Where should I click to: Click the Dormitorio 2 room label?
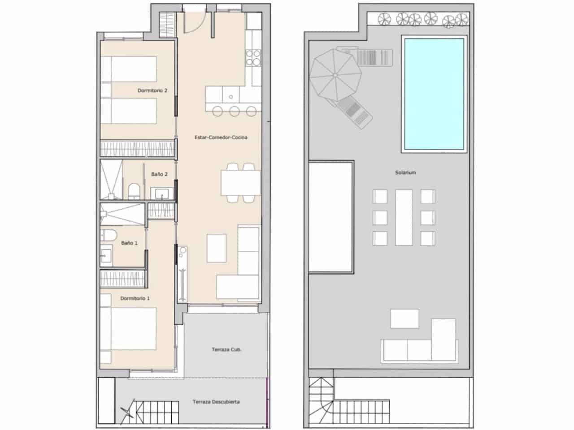pyautogui.click(x=152, y=90)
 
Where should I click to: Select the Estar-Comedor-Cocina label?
pyautogui.click(x=222, y=138)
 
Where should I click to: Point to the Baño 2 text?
pyautogui.click(x=159, y=174)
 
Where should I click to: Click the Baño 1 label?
pyautogui.click(x=129, y=243)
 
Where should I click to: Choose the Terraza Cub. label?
pyautogui.click(x=226, y=349)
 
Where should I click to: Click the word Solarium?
pyautogui.click(x=406, y=172)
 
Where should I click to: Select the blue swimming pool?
pyautogui.click(x=434, y=94)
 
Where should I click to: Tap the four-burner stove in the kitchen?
pyautogui.click(x=253, y=57)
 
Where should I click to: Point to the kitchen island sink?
pyautogui.click(x=231, y=95)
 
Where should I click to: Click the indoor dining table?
pyautogui.click(x=239, y=182)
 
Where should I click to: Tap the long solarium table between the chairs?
pyautogui.click(x=404, y=217)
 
